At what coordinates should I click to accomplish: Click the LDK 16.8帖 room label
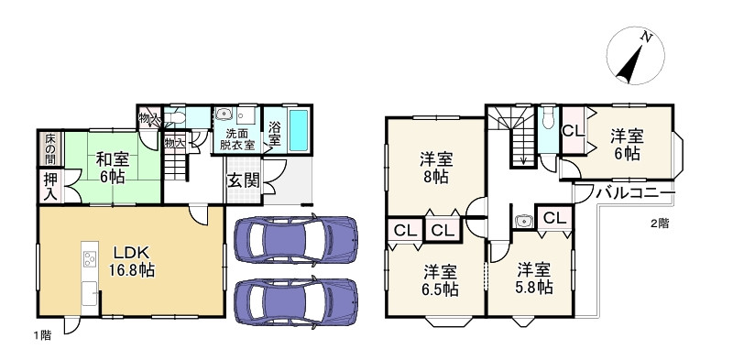(x=132, y=262)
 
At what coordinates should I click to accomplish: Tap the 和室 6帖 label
(x=112, y=168)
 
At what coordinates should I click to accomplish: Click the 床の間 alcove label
(x=50, y=148)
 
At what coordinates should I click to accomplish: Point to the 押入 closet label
(x=50, y=187)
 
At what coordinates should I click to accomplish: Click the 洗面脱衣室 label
(x=237, y=139)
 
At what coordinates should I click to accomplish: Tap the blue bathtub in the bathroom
(x=299, y=130)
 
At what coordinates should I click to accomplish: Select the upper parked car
(x=295, y=239)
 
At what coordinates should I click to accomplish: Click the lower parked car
(x=295, y=301)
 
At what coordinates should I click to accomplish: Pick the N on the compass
(x=647, y=38)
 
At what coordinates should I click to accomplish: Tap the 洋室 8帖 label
(x=435, y=169)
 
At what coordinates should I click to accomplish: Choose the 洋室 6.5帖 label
(x=441, y=280)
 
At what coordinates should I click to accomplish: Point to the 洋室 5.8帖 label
(x=534, y=278)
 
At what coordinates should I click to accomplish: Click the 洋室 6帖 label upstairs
(x=627, y=145)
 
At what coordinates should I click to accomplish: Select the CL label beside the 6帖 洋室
(x=574, y=131)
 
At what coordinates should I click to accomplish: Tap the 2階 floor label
(x=660, y=224)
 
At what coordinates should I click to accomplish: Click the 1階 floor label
(x=42, y=335)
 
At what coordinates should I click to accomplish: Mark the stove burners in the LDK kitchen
(x=90, y=258)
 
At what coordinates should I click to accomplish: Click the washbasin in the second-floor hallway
(x=522, y=220)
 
